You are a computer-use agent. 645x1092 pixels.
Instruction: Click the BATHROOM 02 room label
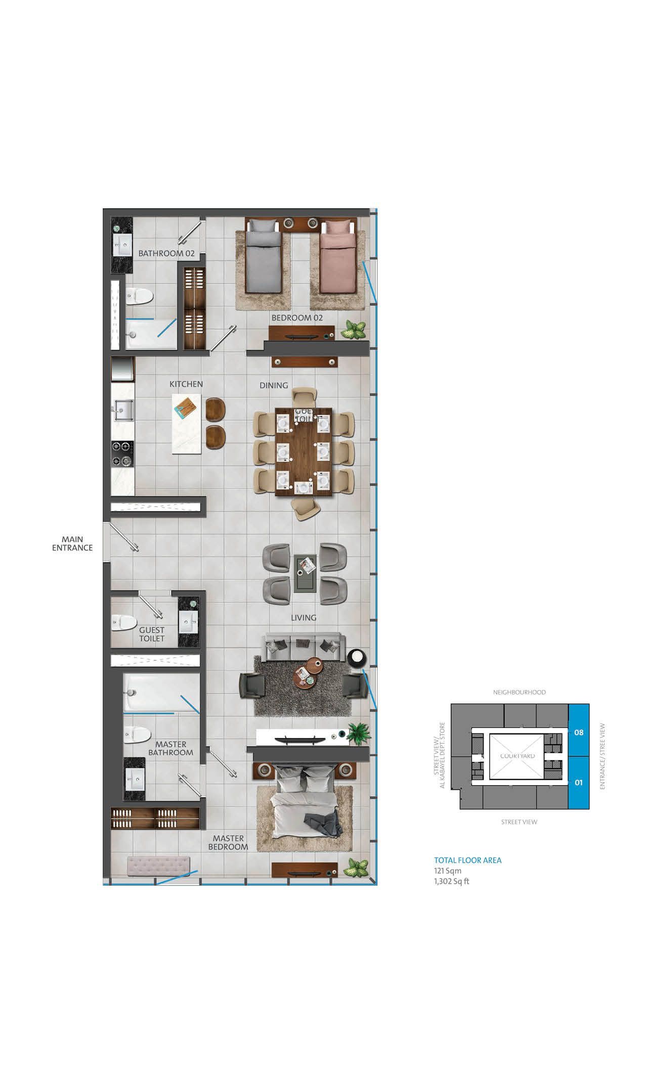tap(166, 253)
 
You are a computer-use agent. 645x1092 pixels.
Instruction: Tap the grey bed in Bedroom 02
tap(263, 260)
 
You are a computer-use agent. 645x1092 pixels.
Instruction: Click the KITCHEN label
tap(186, 384)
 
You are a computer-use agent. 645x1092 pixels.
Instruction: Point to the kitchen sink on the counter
tap(123, 410)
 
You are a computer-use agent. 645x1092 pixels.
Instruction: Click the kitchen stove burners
tap(123, 453)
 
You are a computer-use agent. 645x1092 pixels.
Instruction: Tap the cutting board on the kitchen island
tap(184, 406)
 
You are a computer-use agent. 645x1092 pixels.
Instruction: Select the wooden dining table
tap(303, 451)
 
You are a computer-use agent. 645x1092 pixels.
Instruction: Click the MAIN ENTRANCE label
tap(72, 543)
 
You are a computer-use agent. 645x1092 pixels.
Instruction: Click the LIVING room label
tap(304, 618)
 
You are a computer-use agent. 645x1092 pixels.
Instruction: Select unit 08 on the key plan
tap(579, 732)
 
